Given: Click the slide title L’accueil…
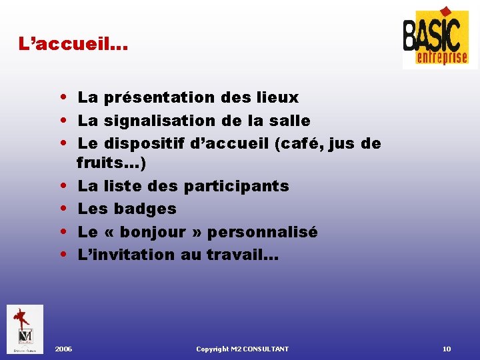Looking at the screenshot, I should tap(73, 45).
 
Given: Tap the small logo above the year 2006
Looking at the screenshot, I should tap(25, 329).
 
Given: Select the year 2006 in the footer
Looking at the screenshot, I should tap(64, 349).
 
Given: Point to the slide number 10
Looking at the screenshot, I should tap(447, 349).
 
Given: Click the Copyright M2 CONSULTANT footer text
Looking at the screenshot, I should tap(243, 349).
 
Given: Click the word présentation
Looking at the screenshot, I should tap(159, 98).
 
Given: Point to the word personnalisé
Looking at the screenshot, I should tap(263, 232).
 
